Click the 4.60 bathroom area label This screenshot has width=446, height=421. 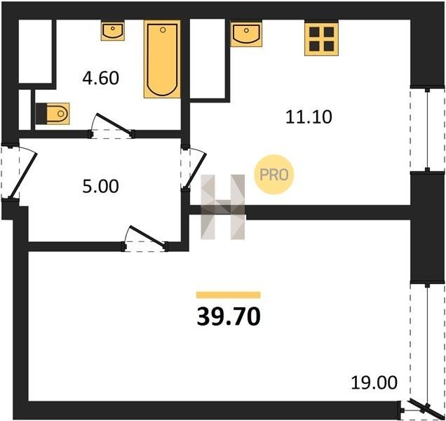pyautogui.click(x=101, y=79)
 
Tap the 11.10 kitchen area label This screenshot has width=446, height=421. pyautogui.click(x=309, y=117)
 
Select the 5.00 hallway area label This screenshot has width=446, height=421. pyautogui.click(x=101, y=187)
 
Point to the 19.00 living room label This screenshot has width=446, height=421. pyautogui.click(x=374, y=382)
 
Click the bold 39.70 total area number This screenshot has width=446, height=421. pyautogui.click(x=229, y=317)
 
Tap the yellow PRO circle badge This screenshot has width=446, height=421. pyautogui.click(x=273, y=175)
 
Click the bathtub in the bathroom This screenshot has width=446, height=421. pyautogui.click(x=162, y=59)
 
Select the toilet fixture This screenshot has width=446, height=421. pyautogui.click(x=53, y=114)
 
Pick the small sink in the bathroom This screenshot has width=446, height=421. pyautogui.click(x=113, y=30)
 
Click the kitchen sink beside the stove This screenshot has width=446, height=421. pyautogui.click(x=246, y=33)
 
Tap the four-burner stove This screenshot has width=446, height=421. pyautogui.click(x=321, y=39)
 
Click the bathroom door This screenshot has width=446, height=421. pyautogui.click(x=114, y=124)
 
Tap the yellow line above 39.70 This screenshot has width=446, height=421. pyautogui.click(x=229, y=295)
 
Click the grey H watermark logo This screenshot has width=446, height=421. pyautogui.click(x=223, y=207)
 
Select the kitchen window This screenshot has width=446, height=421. pyautogui.click(x=427, y=130)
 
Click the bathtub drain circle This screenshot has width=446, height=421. pyautogui.click(x=163, y=30)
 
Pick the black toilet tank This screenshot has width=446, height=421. pyautogui.click(x=41, y=114)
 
